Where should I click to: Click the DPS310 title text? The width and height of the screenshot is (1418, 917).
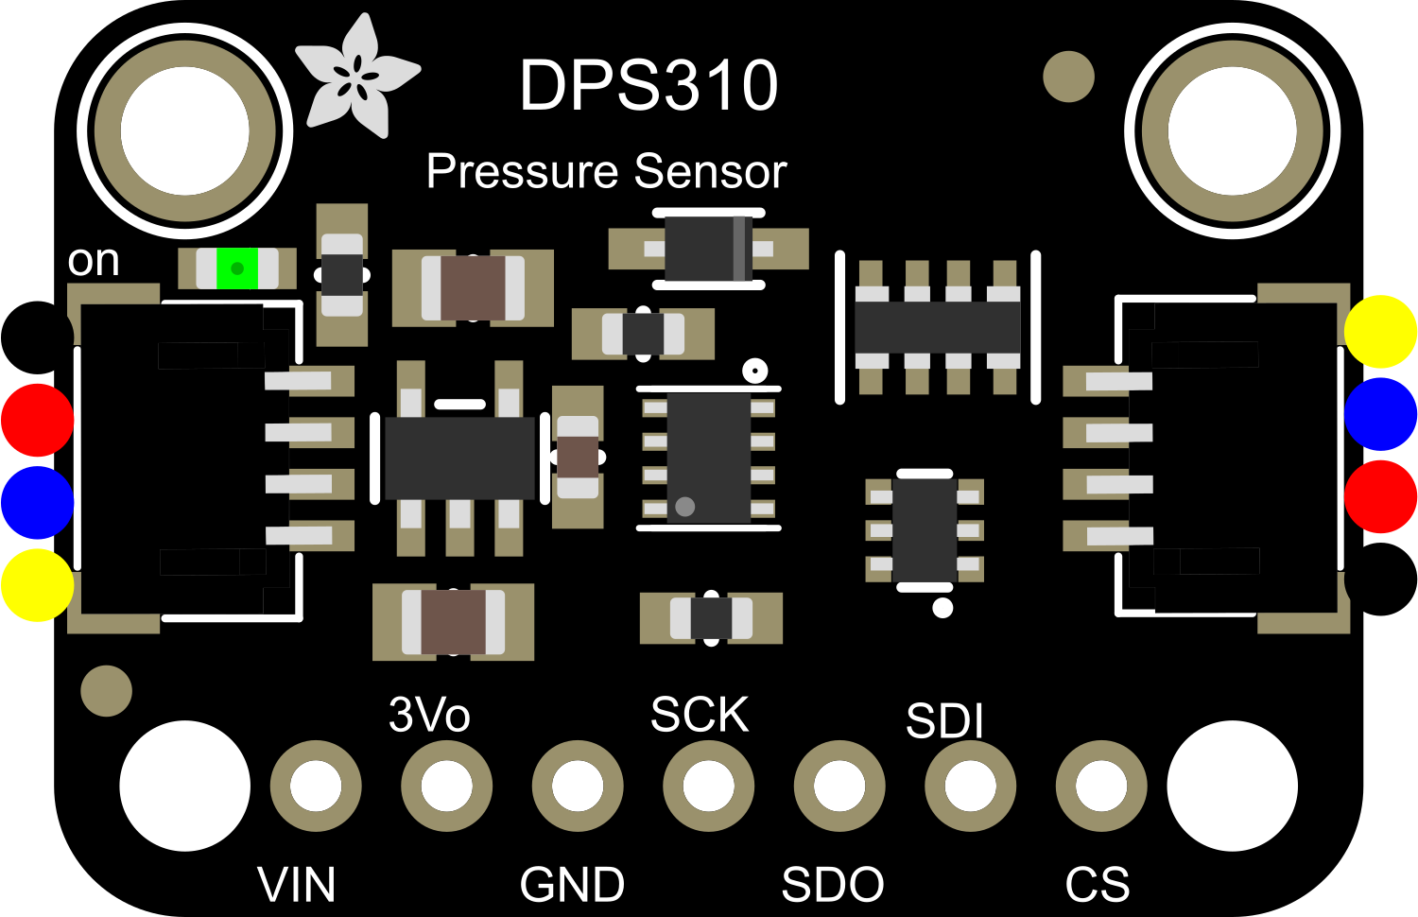click(x=648, y=86)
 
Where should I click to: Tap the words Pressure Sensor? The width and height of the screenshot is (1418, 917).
click(x=606, y=171)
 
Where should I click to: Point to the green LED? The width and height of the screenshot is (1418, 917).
click(x=236, y=268)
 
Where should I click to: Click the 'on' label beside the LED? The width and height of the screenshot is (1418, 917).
click(x=94, y=261)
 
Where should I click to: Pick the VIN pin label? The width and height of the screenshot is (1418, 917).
click(x=296, y=885)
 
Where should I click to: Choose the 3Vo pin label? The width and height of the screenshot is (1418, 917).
click(x=429, y=716)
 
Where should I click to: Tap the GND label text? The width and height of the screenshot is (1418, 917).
click(x=572, y=885)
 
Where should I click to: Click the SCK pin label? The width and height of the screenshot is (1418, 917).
click(x=700, y=715)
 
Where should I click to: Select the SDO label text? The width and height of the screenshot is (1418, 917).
click(x=833, y=885)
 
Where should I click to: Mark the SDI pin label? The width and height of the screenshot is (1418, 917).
click(x=944, y=722)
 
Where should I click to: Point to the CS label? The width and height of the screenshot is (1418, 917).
click(x=1097, y=885)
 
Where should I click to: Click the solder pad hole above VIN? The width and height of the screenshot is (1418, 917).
click(x=316, y=787)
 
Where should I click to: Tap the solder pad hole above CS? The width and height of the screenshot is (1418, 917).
click(x=1101, y=787)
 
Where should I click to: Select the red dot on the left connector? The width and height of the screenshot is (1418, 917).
click(x=37, y=420)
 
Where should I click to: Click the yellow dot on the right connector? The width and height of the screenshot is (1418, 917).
click(x=1381, y=331)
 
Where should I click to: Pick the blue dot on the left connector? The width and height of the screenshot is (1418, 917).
click(x=37, y=502)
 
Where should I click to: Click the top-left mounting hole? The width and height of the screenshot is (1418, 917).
click(x=185, y=130)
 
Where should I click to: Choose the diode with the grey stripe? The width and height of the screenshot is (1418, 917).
click(x=709, y=249)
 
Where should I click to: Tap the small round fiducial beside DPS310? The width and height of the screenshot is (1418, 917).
click(x=1068, y=77)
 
